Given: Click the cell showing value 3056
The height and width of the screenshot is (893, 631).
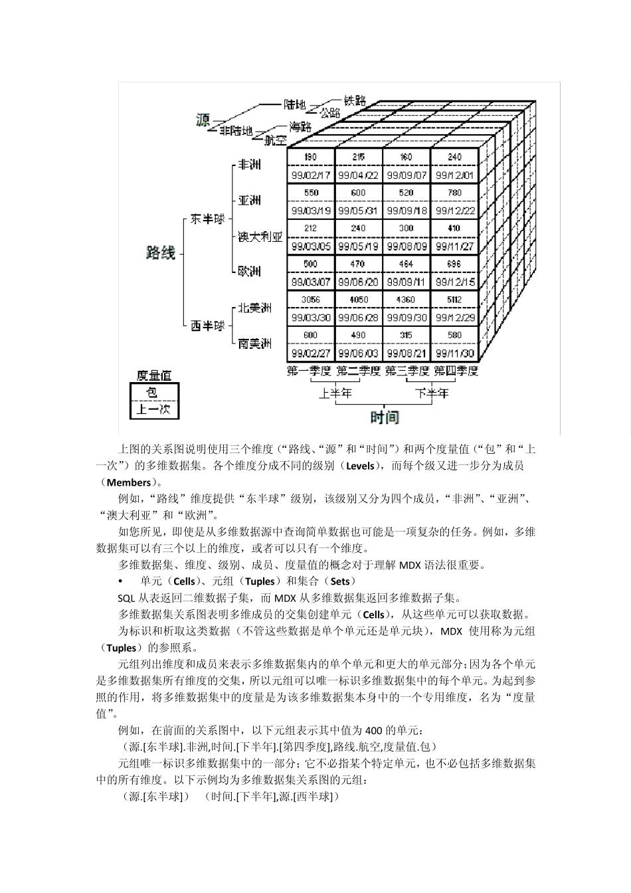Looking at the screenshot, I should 310,300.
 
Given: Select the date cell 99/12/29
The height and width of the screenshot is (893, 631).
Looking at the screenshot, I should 454,318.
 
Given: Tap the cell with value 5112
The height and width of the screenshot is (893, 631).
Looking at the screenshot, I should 454,300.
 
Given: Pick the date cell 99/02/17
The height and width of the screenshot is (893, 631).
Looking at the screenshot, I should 310,175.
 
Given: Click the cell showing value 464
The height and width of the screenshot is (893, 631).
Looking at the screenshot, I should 406,264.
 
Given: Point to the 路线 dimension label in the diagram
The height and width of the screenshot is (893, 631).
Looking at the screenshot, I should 160,252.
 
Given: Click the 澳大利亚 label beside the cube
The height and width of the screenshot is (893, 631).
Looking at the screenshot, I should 260,237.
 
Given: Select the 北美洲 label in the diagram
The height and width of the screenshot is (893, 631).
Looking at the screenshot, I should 255,308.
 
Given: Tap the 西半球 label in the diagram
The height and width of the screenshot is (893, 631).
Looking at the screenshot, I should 207,326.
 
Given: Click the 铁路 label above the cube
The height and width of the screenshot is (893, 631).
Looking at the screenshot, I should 355,100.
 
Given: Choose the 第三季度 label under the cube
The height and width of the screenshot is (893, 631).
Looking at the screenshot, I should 406,371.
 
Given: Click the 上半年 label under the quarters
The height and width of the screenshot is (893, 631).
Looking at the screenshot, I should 335,393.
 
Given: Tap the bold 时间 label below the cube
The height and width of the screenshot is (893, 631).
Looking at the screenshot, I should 384,417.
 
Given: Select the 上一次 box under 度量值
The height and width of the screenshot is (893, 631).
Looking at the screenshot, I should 153,409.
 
